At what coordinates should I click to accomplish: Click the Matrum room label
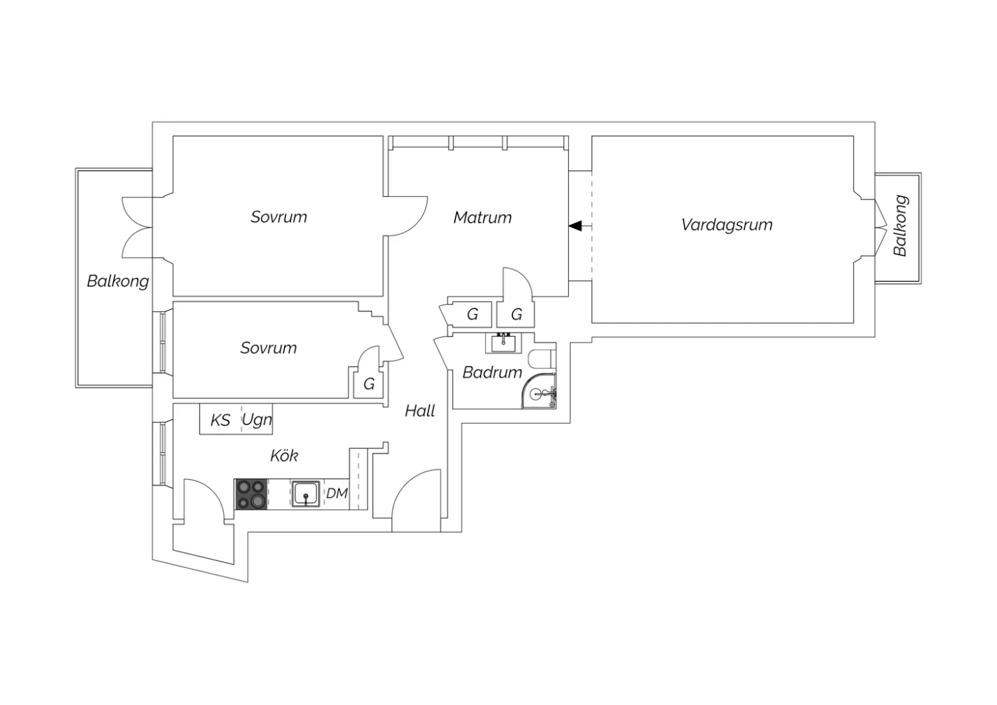tap(483, 217)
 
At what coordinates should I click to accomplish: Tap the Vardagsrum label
tap(727, 225)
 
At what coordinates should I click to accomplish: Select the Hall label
tap(419, 410)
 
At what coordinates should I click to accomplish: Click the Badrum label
tap(492, 372)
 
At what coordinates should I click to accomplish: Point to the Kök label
tap(284, 455)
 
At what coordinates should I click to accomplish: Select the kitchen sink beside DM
tap(306, 494)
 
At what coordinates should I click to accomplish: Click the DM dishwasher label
tap(336, 493)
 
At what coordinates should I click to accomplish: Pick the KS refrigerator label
tap(220, 420)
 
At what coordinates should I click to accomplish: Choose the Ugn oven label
tap(257, 420)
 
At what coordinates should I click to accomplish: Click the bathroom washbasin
tap(503, 343)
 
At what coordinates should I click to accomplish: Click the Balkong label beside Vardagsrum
tap(900, 225)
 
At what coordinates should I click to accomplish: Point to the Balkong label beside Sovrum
tap(118, 281)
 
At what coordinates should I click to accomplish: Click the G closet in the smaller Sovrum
tap(368, 384)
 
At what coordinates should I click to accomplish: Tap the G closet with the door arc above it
tap(516, 315)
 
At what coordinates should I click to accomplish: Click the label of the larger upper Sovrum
tap(278, 217)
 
